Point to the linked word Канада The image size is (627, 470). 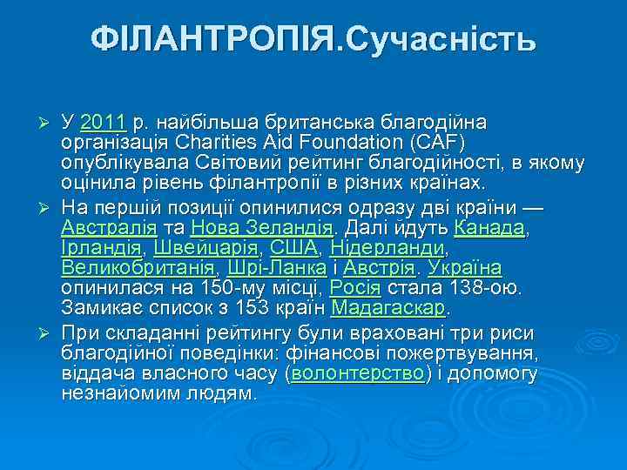[490, 228]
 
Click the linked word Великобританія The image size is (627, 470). [139, 268]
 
